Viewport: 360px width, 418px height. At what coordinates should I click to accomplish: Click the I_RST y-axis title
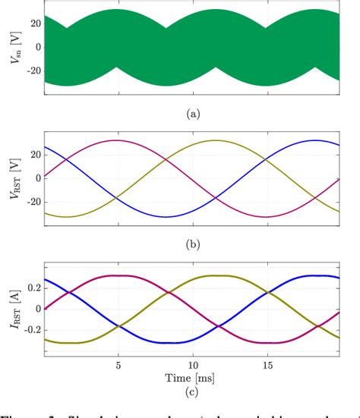(x=10, y=309)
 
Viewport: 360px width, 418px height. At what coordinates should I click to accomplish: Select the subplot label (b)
(x=191, y=244)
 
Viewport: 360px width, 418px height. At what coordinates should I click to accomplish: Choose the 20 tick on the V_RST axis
(x=32, y=154)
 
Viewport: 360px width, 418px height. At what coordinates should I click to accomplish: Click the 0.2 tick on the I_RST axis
(x=30, y=288)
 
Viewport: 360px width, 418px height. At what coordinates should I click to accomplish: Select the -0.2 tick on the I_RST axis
(x=29, y=331)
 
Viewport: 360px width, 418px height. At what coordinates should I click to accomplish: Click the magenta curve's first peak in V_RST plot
(x=115, y=140)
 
